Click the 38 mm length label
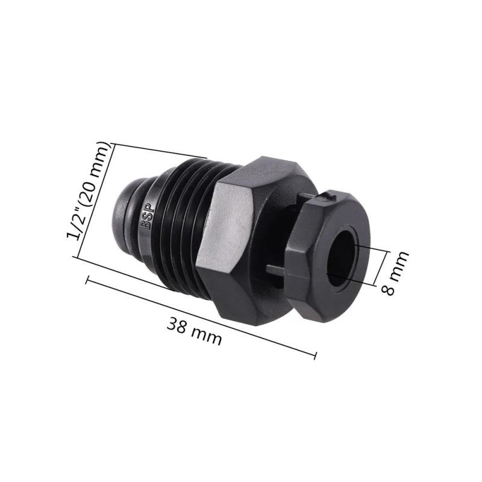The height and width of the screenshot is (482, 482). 194,332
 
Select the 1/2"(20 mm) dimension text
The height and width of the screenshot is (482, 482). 90,190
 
